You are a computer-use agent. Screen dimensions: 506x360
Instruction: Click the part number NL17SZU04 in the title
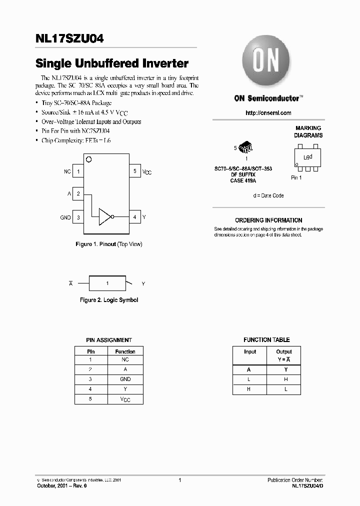(x=69, y=38)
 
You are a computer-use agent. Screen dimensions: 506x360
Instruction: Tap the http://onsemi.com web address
(x=268, y=113)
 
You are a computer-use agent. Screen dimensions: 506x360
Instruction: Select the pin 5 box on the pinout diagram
(x=134, y=171)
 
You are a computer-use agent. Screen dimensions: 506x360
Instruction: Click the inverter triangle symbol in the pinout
(x=105, y=217)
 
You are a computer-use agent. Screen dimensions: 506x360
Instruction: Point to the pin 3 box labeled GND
(x=78, y=217)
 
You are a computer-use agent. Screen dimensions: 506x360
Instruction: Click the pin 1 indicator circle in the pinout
(x=89, y=159)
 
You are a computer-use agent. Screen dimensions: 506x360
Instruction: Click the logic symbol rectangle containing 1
(x=107, y=283)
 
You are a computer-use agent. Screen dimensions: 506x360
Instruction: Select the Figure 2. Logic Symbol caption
(x=109, y=300)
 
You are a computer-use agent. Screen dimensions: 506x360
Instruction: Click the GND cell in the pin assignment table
(x=125, y=379)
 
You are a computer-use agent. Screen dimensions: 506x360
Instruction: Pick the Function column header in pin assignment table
(x=125, y=351)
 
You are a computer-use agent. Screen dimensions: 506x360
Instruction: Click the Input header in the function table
(x=249, y=351)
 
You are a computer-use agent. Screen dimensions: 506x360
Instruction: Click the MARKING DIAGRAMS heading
(x=308, y=131)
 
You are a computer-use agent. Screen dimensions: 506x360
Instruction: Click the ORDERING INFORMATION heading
(x=268, y=220)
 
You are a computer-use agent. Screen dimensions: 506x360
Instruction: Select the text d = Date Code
(x=268, y=195)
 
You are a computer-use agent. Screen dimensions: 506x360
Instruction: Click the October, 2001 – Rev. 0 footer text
(x=62, y=485)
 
